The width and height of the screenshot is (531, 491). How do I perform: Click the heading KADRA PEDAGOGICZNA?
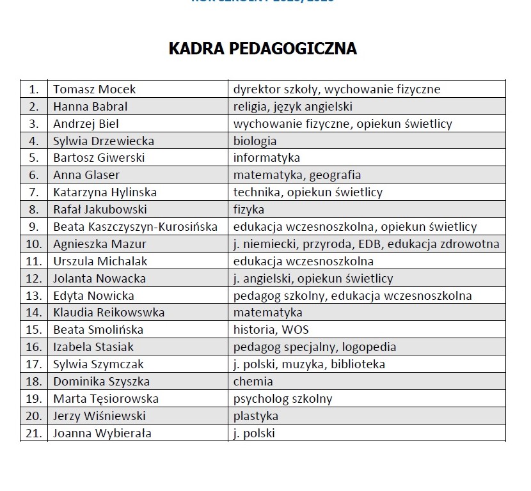(262, 49)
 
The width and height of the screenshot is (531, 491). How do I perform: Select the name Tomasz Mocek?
(94, 90)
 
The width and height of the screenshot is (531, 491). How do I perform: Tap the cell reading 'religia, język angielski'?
(292, 107)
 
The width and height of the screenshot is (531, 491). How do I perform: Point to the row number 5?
(35, 158)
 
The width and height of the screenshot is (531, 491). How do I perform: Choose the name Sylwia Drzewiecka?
(103, 141)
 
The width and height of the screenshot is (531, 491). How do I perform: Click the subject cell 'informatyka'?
(266, 158)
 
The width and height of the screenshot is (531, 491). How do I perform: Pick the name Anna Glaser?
(86, 175)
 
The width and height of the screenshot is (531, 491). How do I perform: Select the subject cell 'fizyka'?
(249, 210)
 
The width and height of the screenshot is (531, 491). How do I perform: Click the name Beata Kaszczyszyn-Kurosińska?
(135, 227)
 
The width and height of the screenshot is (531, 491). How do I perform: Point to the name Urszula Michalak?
(100, 261)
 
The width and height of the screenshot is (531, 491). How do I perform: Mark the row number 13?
(35, 296)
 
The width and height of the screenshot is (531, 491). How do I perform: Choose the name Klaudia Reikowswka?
(109, 313)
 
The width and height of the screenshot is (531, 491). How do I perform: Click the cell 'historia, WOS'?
(270, 331)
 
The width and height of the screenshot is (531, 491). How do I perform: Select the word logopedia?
(369, 348)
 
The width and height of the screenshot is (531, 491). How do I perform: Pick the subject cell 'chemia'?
(253, 382)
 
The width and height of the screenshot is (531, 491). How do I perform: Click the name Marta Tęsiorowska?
(106, 400)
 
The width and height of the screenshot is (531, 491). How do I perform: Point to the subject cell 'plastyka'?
(256, 417)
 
